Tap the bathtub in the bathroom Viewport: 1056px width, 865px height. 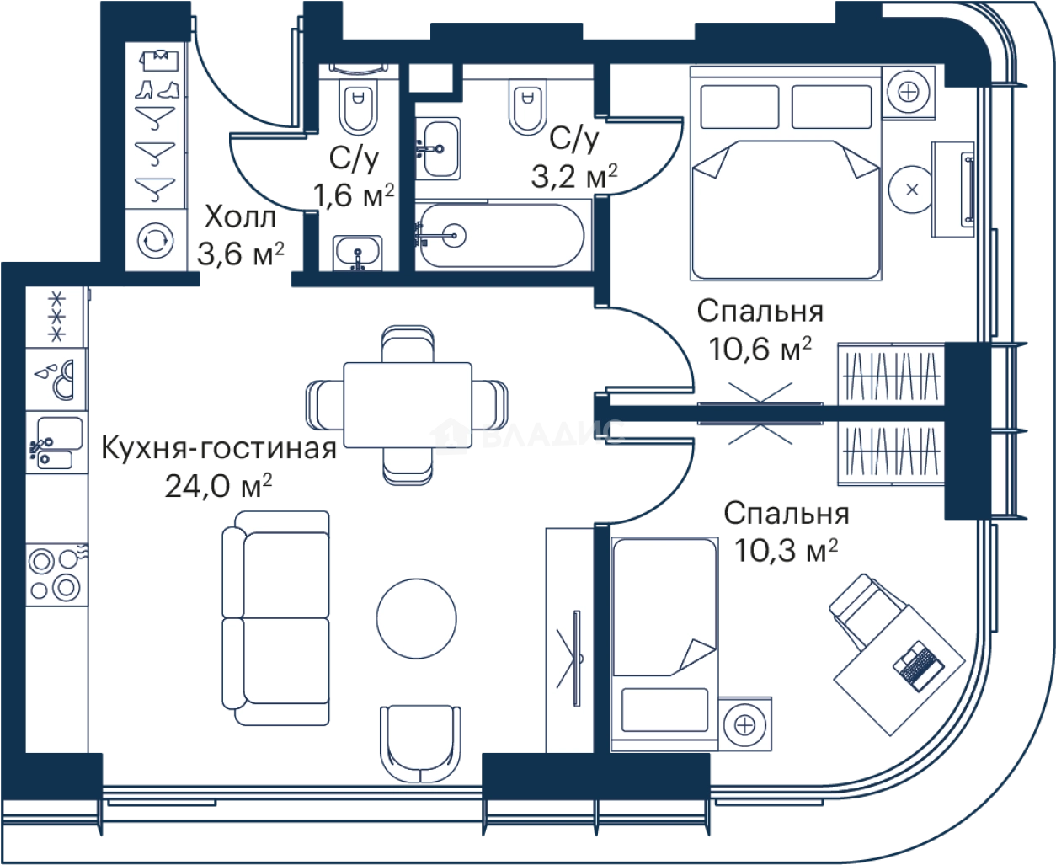point(499,235)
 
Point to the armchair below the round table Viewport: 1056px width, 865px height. point(420,742)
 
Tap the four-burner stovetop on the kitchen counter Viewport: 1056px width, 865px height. point(56,573)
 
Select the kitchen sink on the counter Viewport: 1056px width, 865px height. point(56,444)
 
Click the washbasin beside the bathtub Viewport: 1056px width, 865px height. point(437,147)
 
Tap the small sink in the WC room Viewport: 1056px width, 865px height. point(359,252)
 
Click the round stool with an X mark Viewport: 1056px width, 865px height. point(911,190)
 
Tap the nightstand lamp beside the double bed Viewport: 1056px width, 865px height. point(909,91)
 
